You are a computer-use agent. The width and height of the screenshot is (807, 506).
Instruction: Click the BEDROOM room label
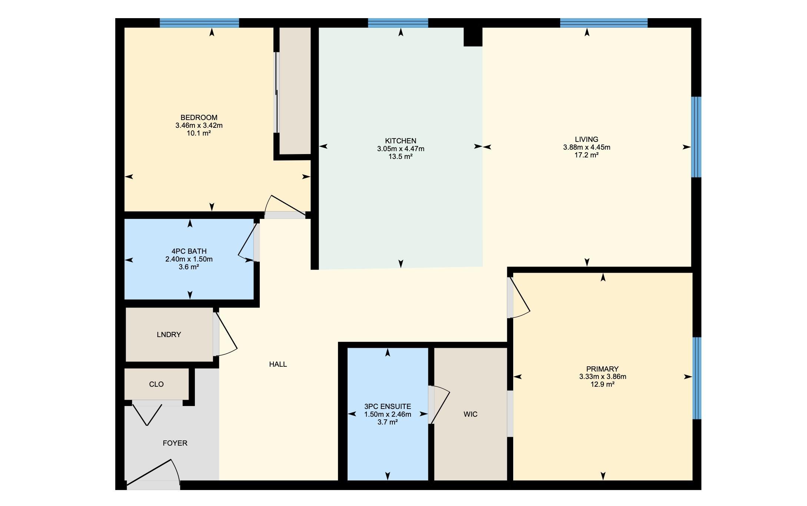[199, 117]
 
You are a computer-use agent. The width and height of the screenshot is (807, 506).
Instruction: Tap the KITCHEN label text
[401, 141]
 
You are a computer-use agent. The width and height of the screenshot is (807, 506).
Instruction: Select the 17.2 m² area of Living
[587, 155]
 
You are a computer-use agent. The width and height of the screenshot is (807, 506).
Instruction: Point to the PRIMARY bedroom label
[602, 369]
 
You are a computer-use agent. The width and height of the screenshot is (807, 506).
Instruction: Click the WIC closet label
[471, 414]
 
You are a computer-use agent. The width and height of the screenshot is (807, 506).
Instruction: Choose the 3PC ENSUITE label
[388, 406]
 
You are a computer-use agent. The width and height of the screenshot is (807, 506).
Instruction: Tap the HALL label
[278, 364]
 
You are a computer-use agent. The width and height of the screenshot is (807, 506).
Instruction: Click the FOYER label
[175, 443]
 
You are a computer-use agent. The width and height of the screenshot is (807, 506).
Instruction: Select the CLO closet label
[156, 384]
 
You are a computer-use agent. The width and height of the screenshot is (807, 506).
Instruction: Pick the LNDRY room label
[169, 334]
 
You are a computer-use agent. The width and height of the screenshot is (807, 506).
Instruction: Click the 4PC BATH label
[189, 251]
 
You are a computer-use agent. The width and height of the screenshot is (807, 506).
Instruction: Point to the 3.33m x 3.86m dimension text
[603, 377]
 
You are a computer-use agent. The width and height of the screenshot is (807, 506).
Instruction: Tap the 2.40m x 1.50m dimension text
[189, 259]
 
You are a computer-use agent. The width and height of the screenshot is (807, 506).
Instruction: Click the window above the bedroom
[199, 23]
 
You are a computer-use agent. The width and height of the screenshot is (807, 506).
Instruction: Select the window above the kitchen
[398, 23]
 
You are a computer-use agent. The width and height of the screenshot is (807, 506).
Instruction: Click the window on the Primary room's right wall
[697, 378]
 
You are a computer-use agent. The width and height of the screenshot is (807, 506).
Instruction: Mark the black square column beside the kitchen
[473, 37]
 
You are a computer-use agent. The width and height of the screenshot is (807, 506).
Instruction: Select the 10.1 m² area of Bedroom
[199, 133]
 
